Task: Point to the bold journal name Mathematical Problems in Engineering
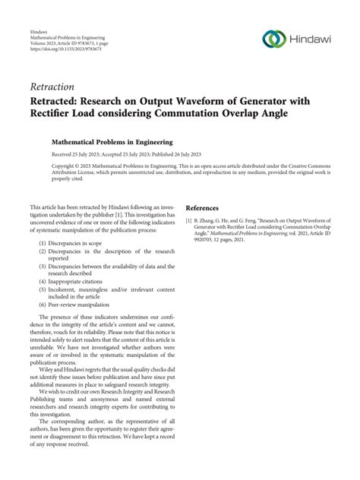[112, 141]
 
